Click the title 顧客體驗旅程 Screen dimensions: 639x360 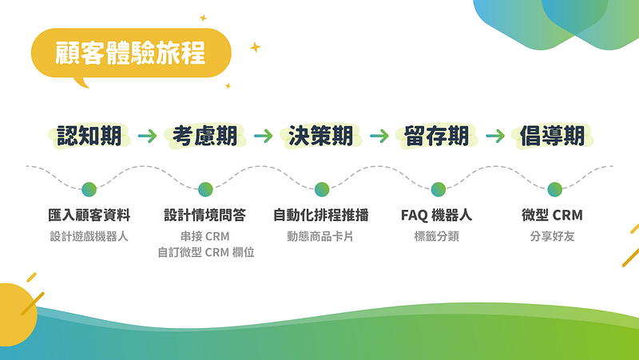point(130,53)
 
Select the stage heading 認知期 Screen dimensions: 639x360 point(89,136)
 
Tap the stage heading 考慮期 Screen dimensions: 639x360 point(205,136)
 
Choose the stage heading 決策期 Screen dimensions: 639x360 point(321,136)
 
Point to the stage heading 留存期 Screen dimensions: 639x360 point(436,136)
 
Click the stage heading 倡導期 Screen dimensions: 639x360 point(552,136)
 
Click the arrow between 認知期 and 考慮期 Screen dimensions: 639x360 point(147,136)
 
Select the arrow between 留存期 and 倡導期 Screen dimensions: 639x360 point(495,136)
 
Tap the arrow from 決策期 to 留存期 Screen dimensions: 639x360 point(379,136)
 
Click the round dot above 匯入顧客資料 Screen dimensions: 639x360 point(89,189)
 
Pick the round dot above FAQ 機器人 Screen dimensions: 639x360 point(438,189)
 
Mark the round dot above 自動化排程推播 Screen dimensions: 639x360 point(322,189)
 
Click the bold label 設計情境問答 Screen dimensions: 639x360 point(205,215)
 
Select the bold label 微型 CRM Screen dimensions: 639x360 point(552,215)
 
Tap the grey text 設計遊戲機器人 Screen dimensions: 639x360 point(89,236)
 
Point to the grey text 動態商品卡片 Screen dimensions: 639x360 point(320,236)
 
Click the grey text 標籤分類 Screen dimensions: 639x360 point(436,236)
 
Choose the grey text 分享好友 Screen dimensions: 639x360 point(552,236)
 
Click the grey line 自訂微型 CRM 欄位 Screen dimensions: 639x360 point(206,252)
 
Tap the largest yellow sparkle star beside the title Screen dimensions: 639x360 point(255,48)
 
